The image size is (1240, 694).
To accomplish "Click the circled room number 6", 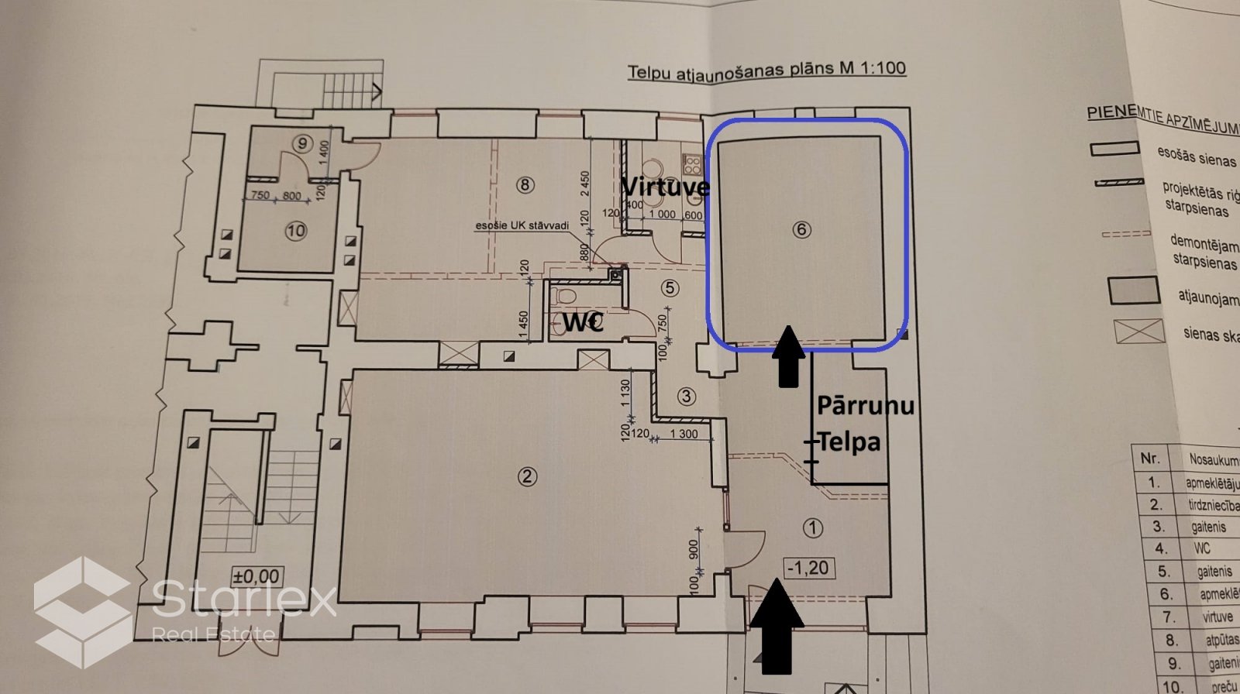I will tap(801, 229).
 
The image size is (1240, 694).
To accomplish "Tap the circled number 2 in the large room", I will tap(527, 476).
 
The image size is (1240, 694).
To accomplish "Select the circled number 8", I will tap(525, 184).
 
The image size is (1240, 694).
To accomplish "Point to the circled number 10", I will tap(296, 230).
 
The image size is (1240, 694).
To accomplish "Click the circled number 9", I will tap(301, 143).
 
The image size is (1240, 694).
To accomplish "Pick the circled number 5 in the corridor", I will tap(670, 288).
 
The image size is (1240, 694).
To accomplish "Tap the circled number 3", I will tap(686, 397).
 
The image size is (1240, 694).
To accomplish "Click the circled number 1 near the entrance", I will tap(812, 528).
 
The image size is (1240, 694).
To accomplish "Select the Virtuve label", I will tap(665, 187).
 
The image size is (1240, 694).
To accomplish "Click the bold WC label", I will tap(583, 321).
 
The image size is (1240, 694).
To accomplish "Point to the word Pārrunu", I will tap(865, 405).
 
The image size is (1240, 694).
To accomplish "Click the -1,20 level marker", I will tap(807, 568).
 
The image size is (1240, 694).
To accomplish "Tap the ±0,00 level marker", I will tap(257, 576).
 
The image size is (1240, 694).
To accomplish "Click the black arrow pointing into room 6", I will tap(788, 356).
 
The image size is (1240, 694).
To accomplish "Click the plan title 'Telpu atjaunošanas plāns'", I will tap(721, 70).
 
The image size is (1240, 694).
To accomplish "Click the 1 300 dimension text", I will tap(683, 435).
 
